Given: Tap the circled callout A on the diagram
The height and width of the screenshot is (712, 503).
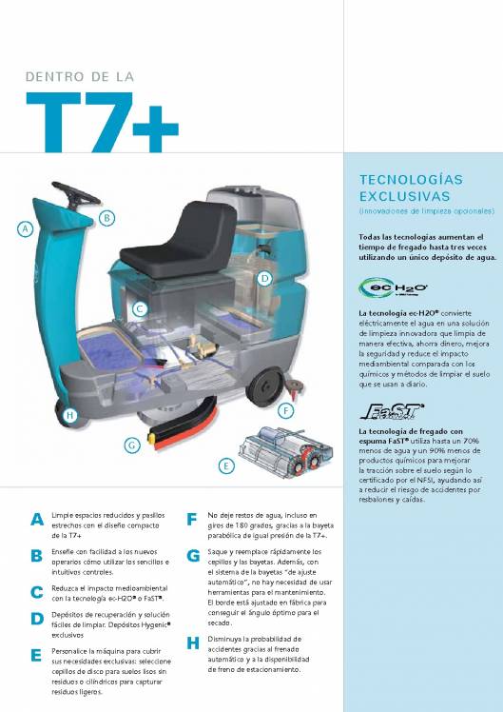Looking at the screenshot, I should tap(26, 228).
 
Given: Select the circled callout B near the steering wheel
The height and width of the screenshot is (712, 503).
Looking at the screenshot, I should tap(107, 218).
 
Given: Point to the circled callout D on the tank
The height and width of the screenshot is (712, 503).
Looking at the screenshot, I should tap(265, 278).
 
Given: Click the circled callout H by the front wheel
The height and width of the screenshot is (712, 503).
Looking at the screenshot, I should tap(69, 415).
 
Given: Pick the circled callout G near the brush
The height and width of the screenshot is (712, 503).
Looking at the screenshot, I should tap(132, 444).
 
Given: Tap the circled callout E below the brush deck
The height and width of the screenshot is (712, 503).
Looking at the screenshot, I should tap(225, 465).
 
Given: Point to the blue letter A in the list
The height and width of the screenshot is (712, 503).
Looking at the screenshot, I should tap(36, 520).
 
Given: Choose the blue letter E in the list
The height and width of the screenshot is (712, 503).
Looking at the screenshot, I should tap(36, 656).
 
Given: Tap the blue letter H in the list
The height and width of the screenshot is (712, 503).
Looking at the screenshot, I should tap(193, 643).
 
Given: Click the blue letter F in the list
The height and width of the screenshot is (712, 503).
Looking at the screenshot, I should tap(192, 520).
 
